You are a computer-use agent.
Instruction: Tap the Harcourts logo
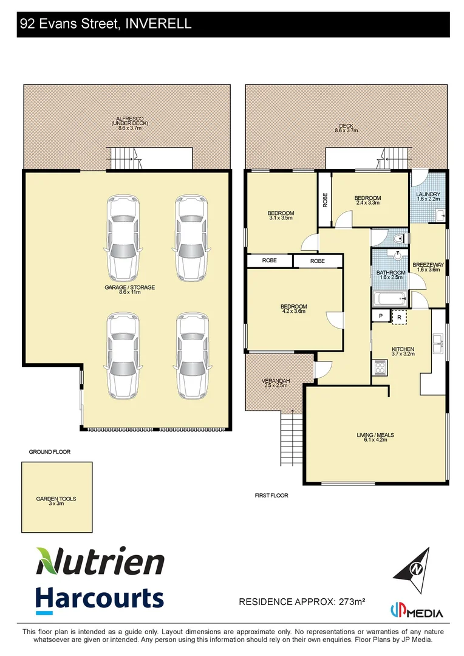pos(100,598)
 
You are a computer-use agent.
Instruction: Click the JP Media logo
pos(416,612)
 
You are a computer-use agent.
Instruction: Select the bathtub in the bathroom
pos(389,298)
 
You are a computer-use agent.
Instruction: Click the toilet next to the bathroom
pos(396,239)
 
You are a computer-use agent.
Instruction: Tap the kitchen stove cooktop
pos(380,366)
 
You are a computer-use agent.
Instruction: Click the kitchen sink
pos(438,344)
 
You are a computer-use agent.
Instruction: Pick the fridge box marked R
pos(399,317)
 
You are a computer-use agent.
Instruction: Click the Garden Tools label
pos(56,501)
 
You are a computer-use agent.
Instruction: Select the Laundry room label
pos(428,196)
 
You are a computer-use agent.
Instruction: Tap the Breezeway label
pos(428,267)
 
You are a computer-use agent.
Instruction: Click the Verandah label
pos(276,383)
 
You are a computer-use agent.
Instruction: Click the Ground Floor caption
pos(50,452)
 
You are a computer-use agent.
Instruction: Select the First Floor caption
pos(271,496)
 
